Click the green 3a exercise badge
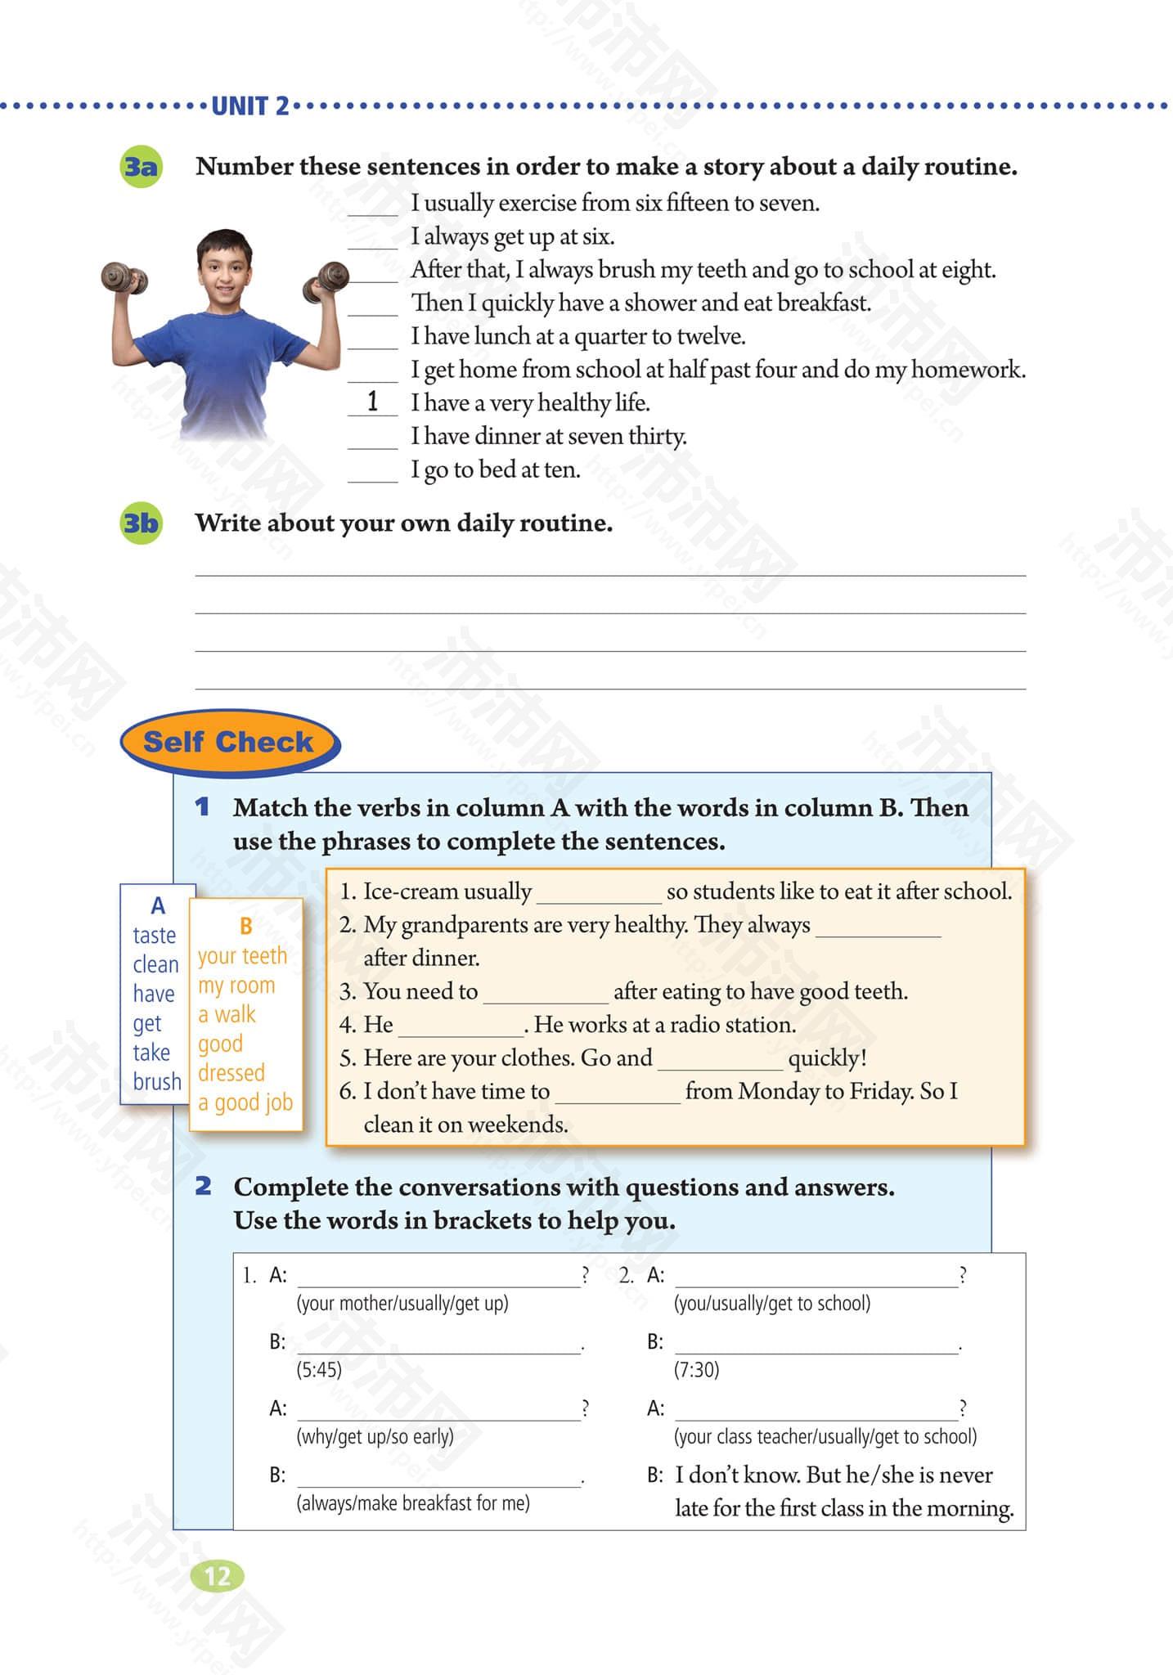[x=140, y=168]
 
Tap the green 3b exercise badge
[x=140, y=523]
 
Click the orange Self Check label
[x=228, y=742]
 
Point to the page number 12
[x=217, y=1576]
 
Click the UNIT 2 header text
[x=249, y=106]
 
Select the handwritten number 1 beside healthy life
[x=373, y=402]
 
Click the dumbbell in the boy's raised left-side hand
[x=124, y=277]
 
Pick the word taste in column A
[x=155, y=935]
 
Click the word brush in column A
[x=157, y=1081]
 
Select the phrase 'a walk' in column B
[x=227, y=1014]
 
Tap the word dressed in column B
[x=231, y=1072]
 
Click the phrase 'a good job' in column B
[x=245, y=1102]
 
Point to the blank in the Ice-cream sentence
[x=598, y=893]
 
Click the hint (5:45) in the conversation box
[x=319, y=1370]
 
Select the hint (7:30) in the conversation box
[x=696, y=1370]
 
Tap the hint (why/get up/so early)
[x=375, y=1436]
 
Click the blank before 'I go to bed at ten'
[x=373, y=471]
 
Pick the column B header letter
[x=245, y=926]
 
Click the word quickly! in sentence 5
[x=827, y=1058]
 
